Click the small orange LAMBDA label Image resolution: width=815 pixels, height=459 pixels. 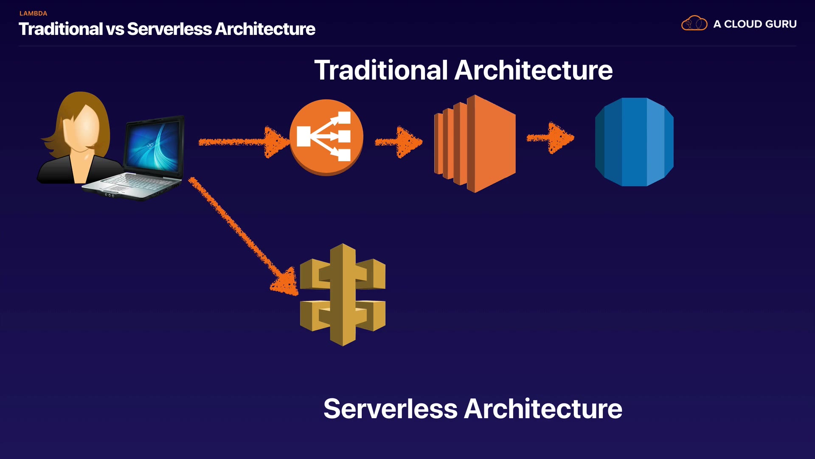click(x=33, y=14)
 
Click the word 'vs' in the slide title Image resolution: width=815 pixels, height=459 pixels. click(x=115, y=29)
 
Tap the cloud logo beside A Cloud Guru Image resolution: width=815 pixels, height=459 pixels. click(x=694, y=23)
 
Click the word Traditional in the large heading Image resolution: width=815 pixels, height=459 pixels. click(x=381, y=70)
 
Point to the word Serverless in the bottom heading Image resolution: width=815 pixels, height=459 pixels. click(x=390, y=409)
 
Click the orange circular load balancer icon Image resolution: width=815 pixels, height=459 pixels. click(x=326, y=137)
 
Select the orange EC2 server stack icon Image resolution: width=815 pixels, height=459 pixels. click(x=475, y=144)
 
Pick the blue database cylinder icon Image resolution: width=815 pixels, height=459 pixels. click(x=634, y=142)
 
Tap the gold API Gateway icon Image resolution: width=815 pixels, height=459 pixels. click(x=343, y=295)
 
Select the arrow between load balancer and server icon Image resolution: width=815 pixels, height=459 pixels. click(x=399, y=142)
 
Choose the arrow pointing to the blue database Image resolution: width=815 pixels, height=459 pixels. click(x=551, y=138)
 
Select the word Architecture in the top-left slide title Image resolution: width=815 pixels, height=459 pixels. click(x=265, y=29)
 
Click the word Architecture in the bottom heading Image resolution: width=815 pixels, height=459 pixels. click(x=543, y=409)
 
